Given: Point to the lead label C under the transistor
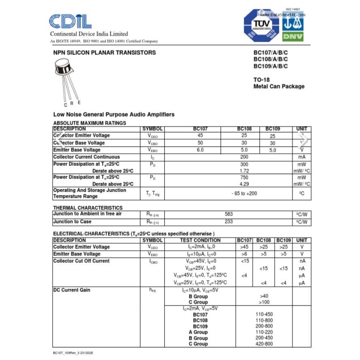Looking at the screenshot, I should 65,105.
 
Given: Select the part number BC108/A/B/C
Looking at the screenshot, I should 271,60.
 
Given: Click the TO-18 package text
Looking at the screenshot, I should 261,80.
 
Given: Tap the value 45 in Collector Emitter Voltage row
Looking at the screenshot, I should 200,136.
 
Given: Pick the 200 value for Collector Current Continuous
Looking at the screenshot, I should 244,157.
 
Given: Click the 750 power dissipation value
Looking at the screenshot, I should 244,177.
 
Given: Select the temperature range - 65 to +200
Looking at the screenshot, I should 244,194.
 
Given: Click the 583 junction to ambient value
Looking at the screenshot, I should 229,214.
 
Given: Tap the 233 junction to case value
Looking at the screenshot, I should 229,222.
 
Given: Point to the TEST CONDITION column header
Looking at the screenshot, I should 200,240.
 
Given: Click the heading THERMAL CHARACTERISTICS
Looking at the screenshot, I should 88,208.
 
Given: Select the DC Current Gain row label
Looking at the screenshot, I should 72,290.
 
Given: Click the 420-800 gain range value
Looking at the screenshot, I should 264,344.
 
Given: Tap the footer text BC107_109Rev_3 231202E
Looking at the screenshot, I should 73,353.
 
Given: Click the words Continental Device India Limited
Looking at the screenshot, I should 89,34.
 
